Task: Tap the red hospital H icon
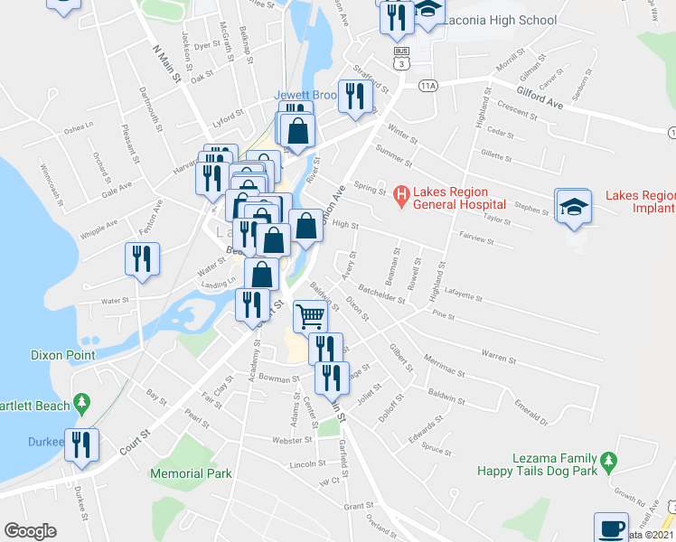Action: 402,192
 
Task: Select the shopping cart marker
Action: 310,316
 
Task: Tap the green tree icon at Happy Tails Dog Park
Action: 609,462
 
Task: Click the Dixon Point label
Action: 62,355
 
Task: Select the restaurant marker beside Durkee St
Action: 82,444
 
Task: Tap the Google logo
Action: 30,531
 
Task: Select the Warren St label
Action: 498,356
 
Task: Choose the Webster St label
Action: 291,440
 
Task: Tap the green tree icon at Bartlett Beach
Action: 82,400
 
